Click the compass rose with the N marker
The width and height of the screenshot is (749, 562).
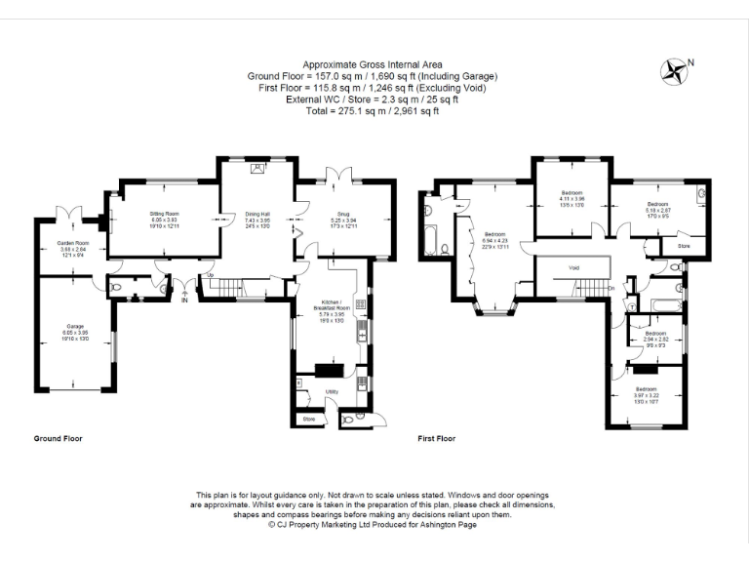tap(672, 69)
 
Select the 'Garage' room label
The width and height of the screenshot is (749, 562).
tap(75, 325)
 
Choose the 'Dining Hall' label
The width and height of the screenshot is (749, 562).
tap(257, 213)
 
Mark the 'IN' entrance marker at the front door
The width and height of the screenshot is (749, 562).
tap(182, 301)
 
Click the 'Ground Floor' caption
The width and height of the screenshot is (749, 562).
tap(59, 439)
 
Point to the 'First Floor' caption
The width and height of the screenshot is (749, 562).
tap(437, 439)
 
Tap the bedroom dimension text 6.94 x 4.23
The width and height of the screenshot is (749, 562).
tap(495, 240)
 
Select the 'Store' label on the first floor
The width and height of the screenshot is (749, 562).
tap(686, 247)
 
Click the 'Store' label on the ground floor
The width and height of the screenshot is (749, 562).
tap(309, 420)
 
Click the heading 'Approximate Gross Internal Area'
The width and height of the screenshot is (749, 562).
tap(374, 64)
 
